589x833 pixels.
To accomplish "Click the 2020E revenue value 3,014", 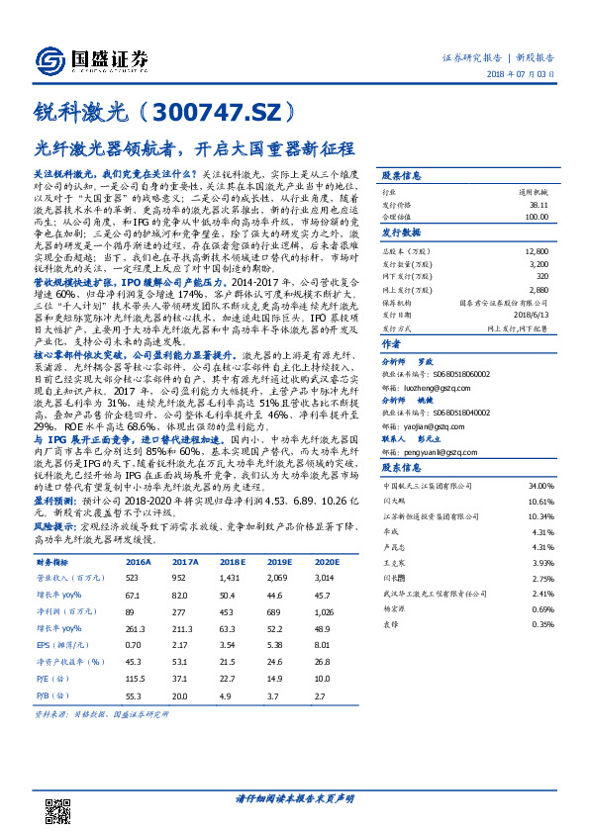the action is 326,576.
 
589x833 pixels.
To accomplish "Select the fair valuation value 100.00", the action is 537,216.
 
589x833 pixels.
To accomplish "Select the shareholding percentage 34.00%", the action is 540,488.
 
